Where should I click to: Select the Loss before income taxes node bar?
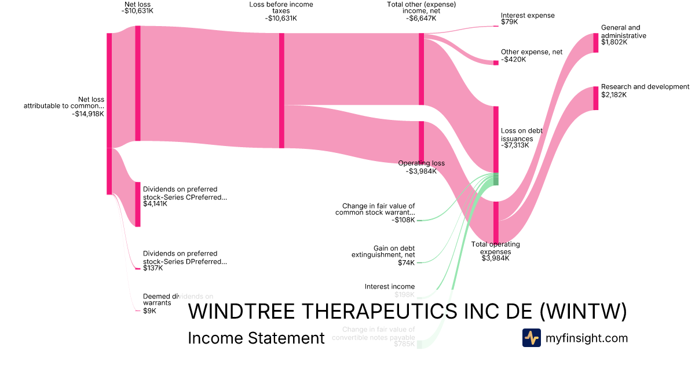(x=281, y=90)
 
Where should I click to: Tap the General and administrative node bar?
(x=595, y=43)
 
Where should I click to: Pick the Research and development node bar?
(x=595, y=98)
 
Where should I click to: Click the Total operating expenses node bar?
(x=496, y=222)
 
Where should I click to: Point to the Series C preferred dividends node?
(x=138, y=204)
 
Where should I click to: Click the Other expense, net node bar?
(x=496, y=63)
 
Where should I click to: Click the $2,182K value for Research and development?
(x=614, y=94)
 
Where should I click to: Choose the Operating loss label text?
(x=422, y=163)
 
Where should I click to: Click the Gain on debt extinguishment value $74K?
(x=405, y=262)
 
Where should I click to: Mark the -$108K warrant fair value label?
(x=403, y=220)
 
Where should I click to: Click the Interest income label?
(x=390, y=287)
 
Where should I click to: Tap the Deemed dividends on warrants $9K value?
(x=149, y=311)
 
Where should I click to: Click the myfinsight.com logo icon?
(x=531, y=338)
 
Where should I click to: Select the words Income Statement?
(x=256, y=338)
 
